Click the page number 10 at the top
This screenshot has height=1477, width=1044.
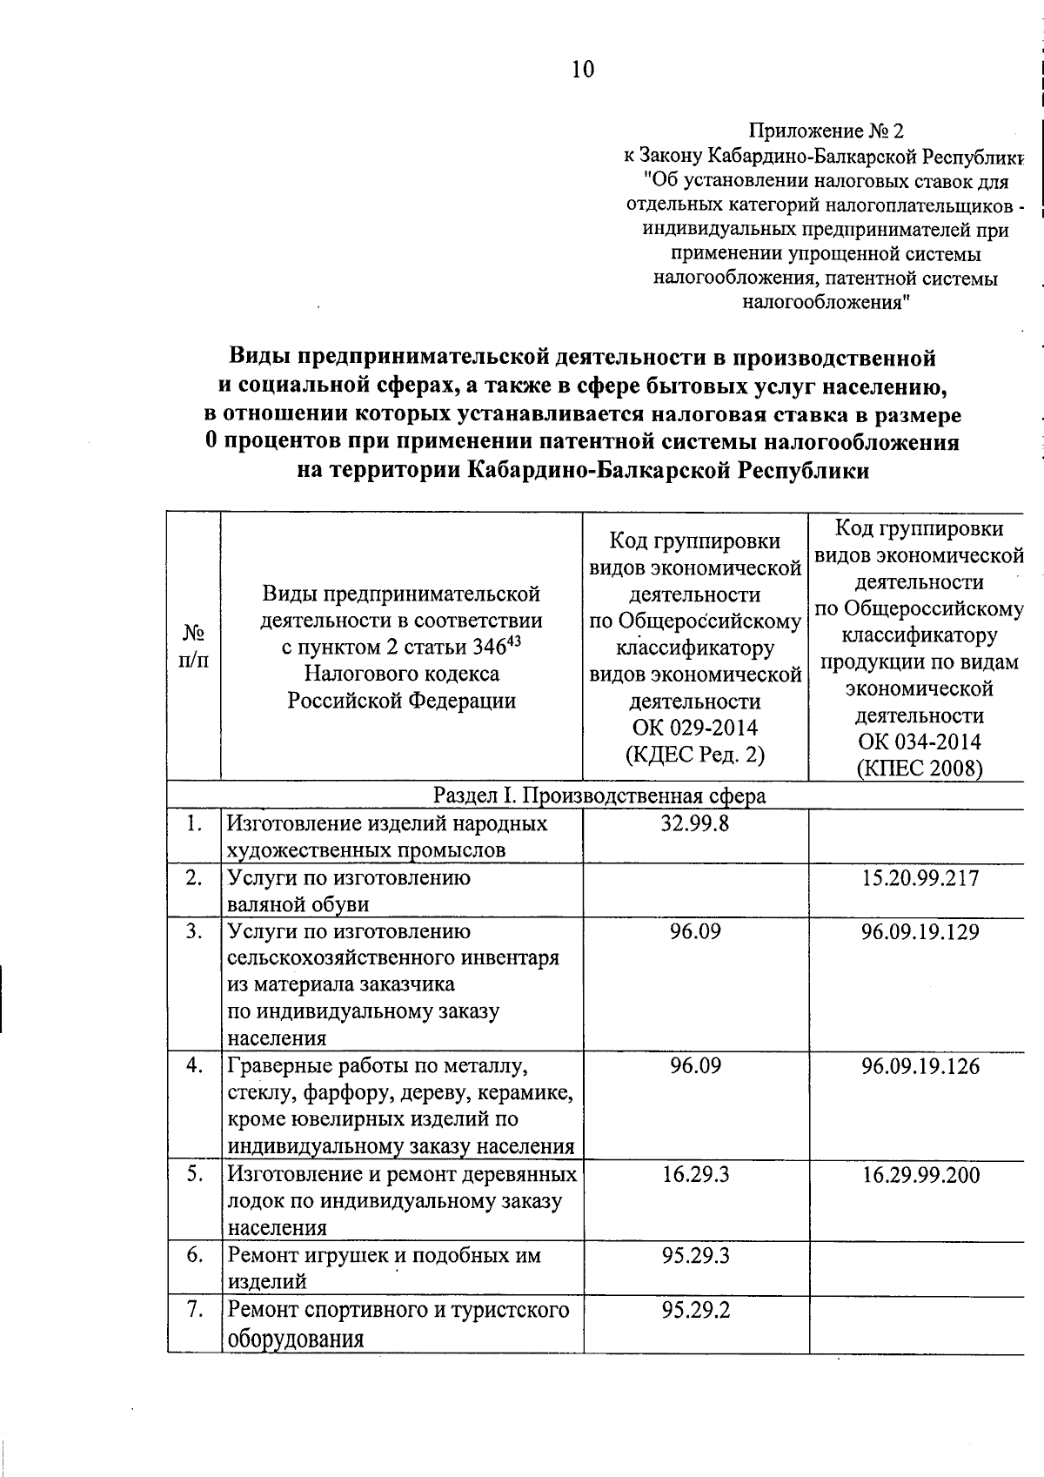click(583, 70)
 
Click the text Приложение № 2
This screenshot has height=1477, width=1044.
click(826, 131)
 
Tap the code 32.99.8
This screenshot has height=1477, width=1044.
click(695, 823)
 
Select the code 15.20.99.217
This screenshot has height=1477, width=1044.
click(920, 878)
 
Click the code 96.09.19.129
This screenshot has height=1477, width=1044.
click(920, 932)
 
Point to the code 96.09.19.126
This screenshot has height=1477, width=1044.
click(920, 1066)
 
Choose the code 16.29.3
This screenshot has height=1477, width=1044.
click(695, 1175)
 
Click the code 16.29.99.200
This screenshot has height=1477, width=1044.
click(920, 1176)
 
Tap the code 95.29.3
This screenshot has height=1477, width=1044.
click(695, 1256)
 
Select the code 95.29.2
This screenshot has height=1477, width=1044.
click(695, 1311)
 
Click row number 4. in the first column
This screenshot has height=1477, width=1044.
click(195, 1065)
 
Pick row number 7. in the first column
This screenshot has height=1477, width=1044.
click(195, 1310)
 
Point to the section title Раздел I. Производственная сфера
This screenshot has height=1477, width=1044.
click(599, 796)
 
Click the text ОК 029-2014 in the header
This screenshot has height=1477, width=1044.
click(695, 728)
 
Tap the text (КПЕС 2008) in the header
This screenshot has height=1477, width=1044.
click(919, 769)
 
